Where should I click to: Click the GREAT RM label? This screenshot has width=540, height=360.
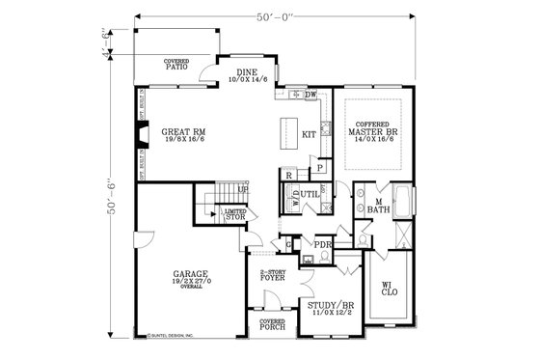click(x=183, y=133)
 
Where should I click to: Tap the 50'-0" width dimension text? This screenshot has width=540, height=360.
click(x=275, y=17)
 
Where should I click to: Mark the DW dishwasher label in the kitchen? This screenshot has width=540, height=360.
click(x=310, y=95)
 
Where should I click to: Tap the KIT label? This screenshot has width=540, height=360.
click(x=310, y=134)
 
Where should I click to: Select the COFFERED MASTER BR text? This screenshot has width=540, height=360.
click(x=371, y=131)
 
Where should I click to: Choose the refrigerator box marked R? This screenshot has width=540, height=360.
click(x=288, y=175)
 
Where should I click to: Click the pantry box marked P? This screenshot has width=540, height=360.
click(x=319, y=167)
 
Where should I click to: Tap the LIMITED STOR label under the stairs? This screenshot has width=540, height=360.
click(x=234, y=214)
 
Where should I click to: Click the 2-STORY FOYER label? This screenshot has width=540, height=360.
click(x=275, y=280)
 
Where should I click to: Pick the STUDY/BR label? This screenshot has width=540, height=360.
click(x=327, y=309)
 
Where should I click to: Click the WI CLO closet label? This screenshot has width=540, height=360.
click(x=388, y=288)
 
